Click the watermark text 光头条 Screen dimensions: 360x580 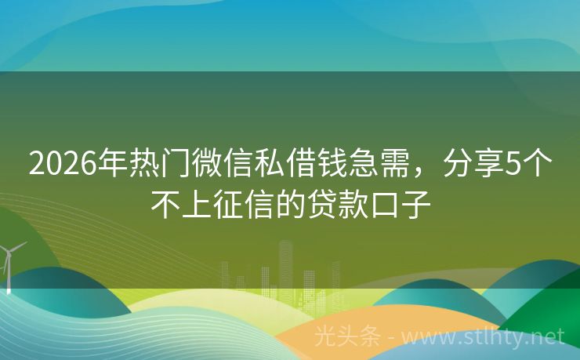click(x=346, y=337)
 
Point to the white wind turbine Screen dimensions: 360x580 click(x=9, y=263)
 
